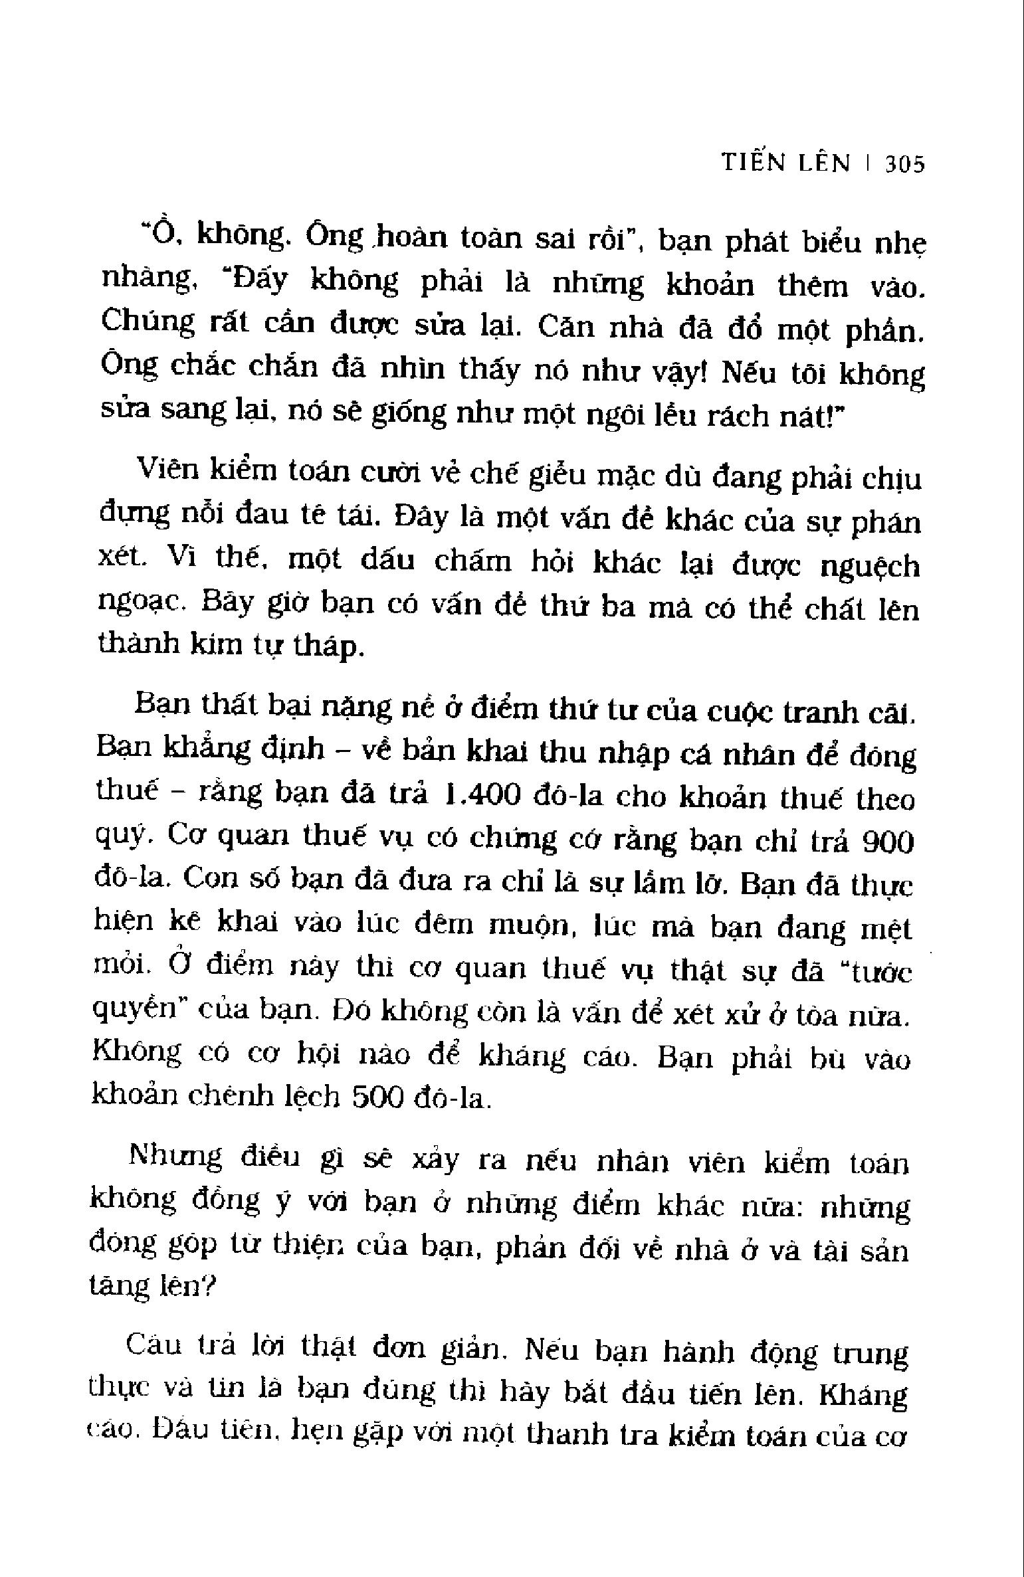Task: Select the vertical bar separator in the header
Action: [868, 164]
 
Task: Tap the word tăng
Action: [117, 1287]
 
